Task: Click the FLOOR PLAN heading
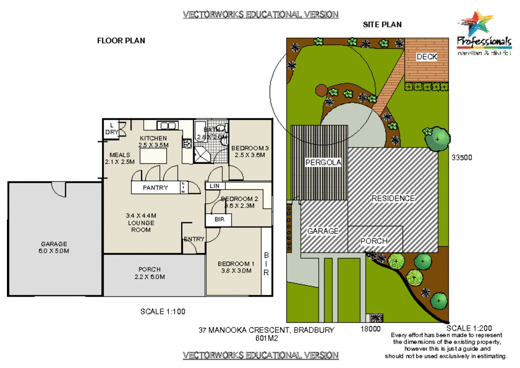pos(121,41)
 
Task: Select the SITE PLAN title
pos(382,25)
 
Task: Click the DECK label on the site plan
pos(427,57)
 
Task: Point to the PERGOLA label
pos(323,162)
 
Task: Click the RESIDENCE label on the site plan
pos(393,198)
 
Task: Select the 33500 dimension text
pos(461,157)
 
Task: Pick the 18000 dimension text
pos(370,329)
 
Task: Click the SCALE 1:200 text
pos(469,328)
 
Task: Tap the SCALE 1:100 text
pos(163,311)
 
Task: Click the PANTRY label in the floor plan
pos(155,188)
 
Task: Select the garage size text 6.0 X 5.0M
pos(54,251)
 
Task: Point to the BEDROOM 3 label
pos(250,148)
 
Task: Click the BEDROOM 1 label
pos(236,264)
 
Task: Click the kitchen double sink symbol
pos(168,125)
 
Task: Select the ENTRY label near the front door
pos(194,239)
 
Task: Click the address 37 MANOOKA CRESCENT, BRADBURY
pos(266,330)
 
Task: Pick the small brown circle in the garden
pos(321,90)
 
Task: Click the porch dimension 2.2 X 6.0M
pos(149,277)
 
